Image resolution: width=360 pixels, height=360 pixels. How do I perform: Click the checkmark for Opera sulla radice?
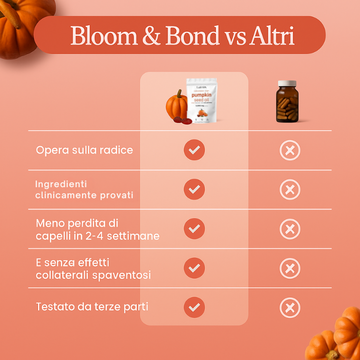(x=194, y=150)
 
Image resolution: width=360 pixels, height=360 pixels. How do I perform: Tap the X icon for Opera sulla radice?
(x=290, y=150)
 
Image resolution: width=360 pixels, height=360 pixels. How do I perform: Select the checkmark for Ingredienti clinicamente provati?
(x=194, y=189)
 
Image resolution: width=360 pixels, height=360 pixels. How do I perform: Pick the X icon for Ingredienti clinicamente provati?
(x=290, y=190)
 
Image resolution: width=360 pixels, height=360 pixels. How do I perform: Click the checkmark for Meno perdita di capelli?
(x=194, y=228)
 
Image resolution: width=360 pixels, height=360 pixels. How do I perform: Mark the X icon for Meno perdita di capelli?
(x=290, y=229)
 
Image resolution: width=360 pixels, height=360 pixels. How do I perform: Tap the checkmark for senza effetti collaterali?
(x=194, y=268)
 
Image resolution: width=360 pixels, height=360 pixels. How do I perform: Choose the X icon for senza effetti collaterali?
(x=290, y=268)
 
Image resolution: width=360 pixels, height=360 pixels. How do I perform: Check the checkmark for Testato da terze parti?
(x=194, y=307)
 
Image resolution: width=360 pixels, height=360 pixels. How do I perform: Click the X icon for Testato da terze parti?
(x=290, y=308)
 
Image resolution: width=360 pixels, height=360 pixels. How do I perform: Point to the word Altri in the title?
(x=272, y=36)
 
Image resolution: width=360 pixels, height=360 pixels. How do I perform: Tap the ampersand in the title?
(x=152, y=36)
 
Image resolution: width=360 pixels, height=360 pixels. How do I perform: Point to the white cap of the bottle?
(x=288, y=84)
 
